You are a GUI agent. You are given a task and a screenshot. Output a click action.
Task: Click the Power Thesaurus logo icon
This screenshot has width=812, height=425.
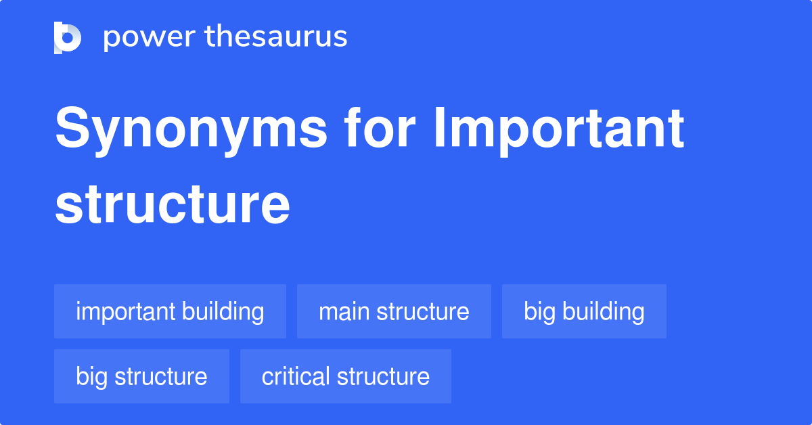pyautogui.click(x=68, y=37)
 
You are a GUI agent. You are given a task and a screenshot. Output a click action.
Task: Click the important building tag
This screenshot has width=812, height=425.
pyautogui.click(x=170, y=311)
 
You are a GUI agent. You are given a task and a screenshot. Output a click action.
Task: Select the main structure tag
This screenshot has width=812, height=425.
pyautogui.click(x=394, y=311)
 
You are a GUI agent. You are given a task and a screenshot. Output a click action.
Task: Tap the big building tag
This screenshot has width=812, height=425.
pyautogui.click(x=584, y=311)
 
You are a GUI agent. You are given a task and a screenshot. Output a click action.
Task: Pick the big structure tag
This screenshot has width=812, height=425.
pyautogui.click(x=141, y=376)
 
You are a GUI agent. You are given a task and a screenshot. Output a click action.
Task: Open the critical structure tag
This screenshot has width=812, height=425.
pyautogui.click(x=345, y=376)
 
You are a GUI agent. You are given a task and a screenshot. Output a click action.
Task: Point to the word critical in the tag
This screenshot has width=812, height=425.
pyautogui.click(x=294, y=376)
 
